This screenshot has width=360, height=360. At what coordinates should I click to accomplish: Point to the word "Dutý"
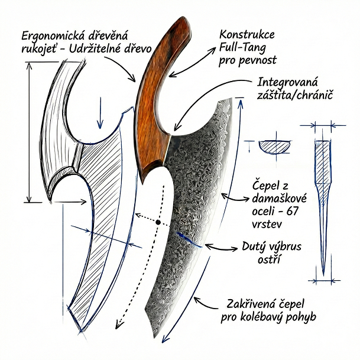coord(255,246)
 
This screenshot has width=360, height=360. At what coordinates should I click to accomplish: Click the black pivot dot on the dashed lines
coord(159,223)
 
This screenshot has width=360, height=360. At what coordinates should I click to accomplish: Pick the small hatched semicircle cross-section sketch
coord(275,145)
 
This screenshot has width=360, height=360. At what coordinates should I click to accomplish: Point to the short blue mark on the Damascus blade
coord(188,240)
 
